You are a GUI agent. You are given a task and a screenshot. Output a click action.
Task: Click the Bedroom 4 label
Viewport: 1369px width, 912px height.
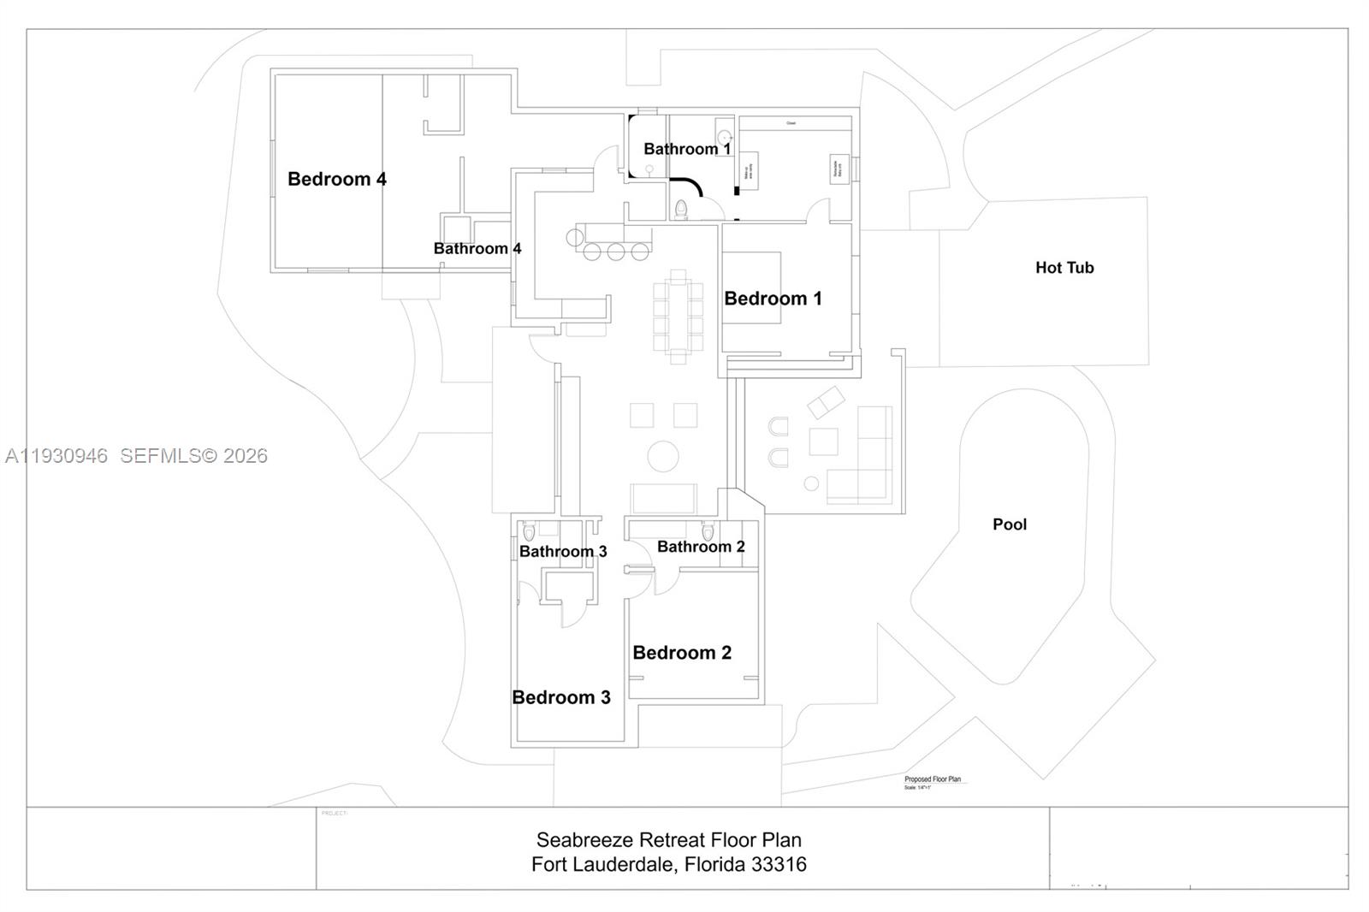tap(336, 179)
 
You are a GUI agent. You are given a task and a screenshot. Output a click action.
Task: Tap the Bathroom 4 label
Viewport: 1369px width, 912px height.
tap(477, 248)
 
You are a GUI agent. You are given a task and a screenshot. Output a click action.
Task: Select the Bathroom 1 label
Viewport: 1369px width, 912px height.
tap(687, 149)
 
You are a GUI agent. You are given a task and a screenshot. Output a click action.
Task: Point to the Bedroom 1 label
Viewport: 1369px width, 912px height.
tap(773, 299)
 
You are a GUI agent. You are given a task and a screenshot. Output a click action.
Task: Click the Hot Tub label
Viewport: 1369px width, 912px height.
tap(1064, 268)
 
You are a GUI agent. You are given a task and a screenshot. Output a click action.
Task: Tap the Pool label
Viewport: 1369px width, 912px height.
tap(1010, 524)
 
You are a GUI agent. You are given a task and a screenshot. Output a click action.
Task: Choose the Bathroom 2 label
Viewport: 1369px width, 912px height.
tap(701, 547)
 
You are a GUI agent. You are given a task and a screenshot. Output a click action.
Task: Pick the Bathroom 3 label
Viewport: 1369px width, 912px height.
tap(563, 552)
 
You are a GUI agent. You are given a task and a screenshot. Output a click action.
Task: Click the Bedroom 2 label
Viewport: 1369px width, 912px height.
tap(682, 653)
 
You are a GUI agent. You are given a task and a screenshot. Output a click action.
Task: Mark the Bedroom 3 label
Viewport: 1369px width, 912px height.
tap(561, 697)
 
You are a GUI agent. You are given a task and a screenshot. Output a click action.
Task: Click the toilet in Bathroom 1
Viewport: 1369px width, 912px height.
tap(681, 209)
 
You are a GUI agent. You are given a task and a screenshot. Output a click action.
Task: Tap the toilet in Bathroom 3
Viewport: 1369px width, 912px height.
tap(529, 531)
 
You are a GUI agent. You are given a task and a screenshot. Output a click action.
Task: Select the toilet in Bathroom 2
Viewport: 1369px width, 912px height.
tap(708, 531)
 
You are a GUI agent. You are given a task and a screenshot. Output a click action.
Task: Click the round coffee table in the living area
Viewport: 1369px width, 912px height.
tap(663, 456)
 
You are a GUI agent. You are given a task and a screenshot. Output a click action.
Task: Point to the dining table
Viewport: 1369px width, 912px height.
tap(678, 317)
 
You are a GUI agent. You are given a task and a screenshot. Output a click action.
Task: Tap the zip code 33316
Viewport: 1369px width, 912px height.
tap(779, 864)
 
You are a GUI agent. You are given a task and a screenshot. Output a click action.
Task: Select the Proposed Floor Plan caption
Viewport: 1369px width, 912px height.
tap(933, 779)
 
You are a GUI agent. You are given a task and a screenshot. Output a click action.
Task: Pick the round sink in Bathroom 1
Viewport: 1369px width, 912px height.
tap(724, 137)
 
